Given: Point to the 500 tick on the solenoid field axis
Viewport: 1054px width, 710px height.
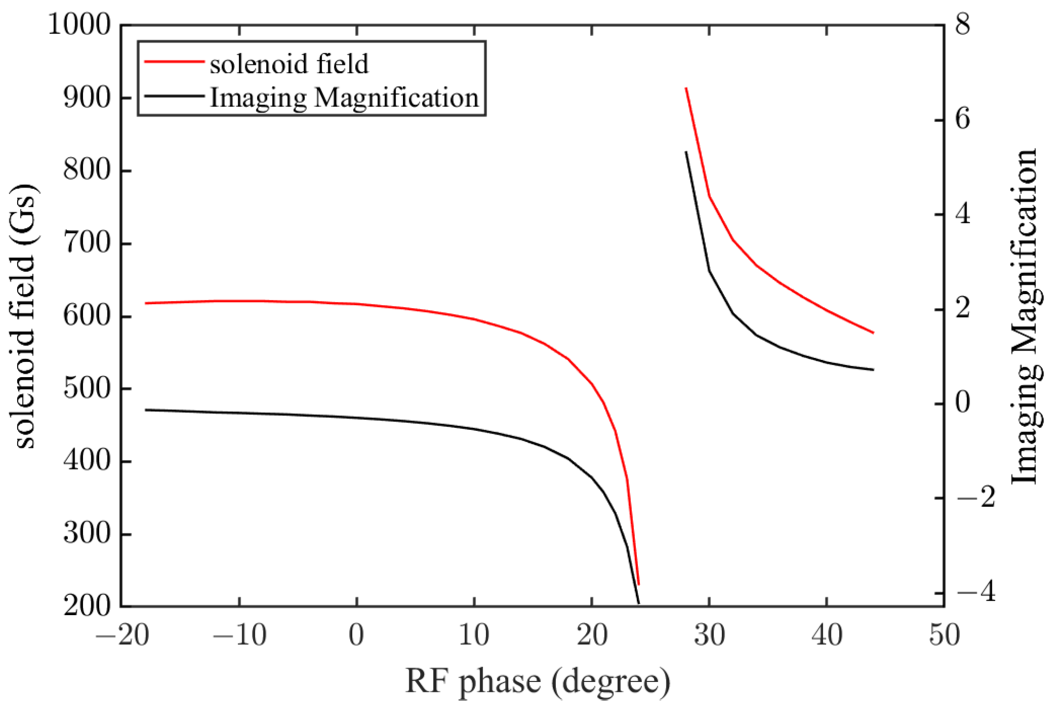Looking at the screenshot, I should click(87, 389).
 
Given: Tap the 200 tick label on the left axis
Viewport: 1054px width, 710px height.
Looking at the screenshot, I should click(87, 606).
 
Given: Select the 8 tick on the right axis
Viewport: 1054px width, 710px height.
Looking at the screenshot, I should click(963, 25).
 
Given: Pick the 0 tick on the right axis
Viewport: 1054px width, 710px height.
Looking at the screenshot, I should click(963, 403).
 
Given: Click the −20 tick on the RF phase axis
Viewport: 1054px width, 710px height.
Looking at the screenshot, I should click(122, 635).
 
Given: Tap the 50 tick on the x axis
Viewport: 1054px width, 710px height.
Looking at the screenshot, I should click(944, 635).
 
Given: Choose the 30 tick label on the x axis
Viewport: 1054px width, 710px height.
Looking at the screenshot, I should click(709, 635).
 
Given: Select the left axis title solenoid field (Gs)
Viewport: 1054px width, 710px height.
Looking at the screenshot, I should click(26, 316).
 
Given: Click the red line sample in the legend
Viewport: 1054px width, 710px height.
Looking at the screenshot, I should click(174, 62).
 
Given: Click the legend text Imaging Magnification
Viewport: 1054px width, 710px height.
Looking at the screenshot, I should click(344, 97).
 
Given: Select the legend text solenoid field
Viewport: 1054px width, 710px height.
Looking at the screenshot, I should click(289, 64).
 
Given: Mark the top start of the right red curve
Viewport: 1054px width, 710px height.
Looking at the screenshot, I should click(686, 89).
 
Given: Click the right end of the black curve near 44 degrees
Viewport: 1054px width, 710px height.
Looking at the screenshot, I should click(873, 370).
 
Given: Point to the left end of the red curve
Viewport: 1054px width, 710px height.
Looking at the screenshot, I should click(146, 303).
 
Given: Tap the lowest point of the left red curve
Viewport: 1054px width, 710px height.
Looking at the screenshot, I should click(638, 584).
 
